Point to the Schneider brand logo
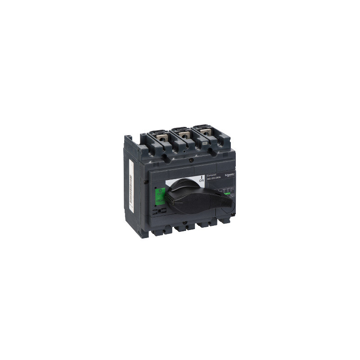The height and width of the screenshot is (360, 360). click(x=230, y=174)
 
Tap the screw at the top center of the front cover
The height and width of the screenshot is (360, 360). click(x=192, y=160)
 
